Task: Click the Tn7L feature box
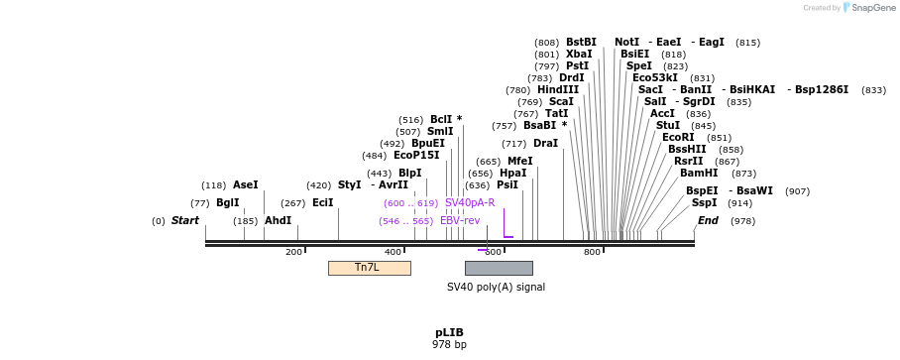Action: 369,268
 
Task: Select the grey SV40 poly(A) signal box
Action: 499,268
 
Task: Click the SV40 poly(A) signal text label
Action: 496,288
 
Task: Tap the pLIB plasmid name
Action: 449,332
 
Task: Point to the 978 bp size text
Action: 449,345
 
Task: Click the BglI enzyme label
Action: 228,203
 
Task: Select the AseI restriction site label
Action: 245,185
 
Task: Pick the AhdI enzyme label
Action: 278,221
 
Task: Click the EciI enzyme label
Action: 323,203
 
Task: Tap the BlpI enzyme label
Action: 409,174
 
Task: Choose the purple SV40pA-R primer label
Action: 470,203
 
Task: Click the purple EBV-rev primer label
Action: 460,221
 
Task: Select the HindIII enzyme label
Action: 558,90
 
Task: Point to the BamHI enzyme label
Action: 699,174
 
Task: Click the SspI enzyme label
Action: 705,203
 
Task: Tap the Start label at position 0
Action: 185,221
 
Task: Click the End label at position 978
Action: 708,221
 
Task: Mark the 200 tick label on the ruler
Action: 293,253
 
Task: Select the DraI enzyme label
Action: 545,144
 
